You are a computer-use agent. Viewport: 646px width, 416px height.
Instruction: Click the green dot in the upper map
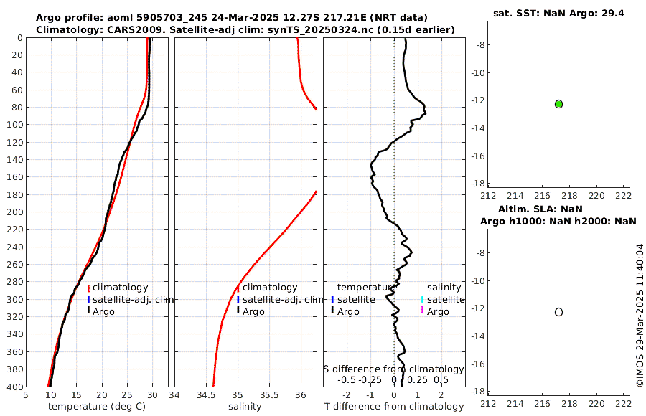click(x=558, y=104)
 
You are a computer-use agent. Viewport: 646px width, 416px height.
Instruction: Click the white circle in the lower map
click(x=558, y=312)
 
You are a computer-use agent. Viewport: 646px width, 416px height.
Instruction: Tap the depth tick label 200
click(x=13, y=212)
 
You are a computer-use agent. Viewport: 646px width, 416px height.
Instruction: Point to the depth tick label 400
click(x=13, y=387)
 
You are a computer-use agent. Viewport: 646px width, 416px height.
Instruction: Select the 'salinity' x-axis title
click(x=244, y=407)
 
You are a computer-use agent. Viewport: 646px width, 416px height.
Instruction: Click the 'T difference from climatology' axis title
click(x=394, y=407)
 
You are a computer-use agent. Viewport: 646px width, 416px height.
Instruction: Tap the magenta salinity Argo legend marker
click(x=423, y=311)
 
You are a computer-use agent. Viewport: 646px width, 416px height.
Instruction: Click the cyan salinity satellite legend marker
click(x=423, y=299)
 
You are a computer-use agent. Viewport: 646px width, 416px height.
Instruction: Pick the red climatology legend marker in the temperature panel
click(x=88, y=288)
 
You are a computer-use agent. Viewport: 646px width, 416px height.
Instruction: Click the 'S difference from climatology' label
click(x=393, y=369)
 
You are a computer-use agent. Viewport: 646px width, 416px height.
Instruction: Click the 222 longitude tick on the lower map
click(x=623, y=402)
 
